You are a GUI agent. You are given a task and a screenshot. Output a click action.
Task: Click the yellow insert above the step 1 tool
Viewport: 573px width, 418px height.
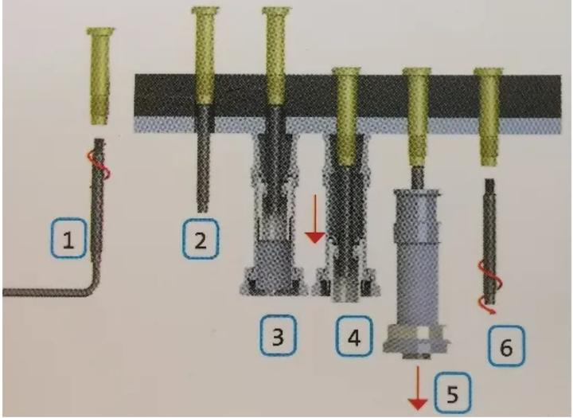click(100, 76)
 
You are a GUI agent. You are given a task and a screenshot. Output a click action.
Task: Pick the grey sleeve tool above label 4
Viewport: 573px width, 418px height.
click(347, 239)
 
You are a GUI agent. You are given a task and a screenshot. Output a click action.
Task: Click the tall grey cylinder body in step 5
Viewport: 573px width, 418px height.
click(417, 255)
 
